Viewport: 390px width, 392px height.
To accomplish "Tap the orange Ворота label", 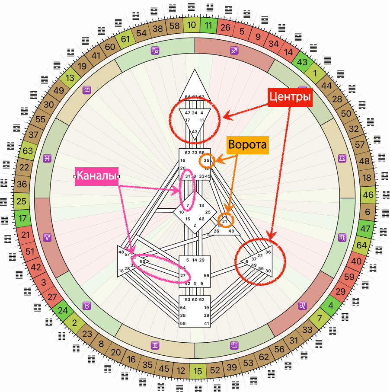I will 248,145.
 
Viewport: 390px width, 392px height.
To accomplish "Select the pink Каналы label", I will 96,176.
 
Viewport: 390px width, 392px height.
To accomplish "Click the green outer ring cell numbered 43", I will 302,62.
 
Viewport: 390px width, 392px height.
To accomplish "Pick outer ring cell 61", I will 125,39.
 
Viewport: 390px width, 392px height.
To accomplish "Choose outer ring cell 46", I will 368,194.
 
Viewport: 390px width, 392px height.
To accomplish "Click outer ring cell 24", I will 63,310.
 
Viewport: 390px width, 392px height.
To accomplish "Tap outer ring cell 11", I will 208,25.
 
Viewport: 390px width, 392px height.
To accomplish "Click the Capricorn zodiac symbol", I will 155,51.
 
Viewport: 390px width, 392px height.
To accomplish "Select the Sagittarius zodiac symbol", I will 234,51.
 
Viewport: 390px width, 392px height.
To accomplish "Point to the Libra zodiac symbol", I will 342,159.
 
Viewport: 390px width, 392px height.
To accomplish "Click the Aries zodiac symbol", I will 47,237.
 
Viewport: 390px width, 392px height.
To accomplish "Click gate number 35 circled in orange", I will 207,161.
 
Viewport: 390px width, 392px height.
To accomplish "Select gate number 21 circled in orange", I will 225,222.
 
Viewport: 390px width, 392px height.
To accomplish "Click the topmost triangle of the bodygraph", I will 194,86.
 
